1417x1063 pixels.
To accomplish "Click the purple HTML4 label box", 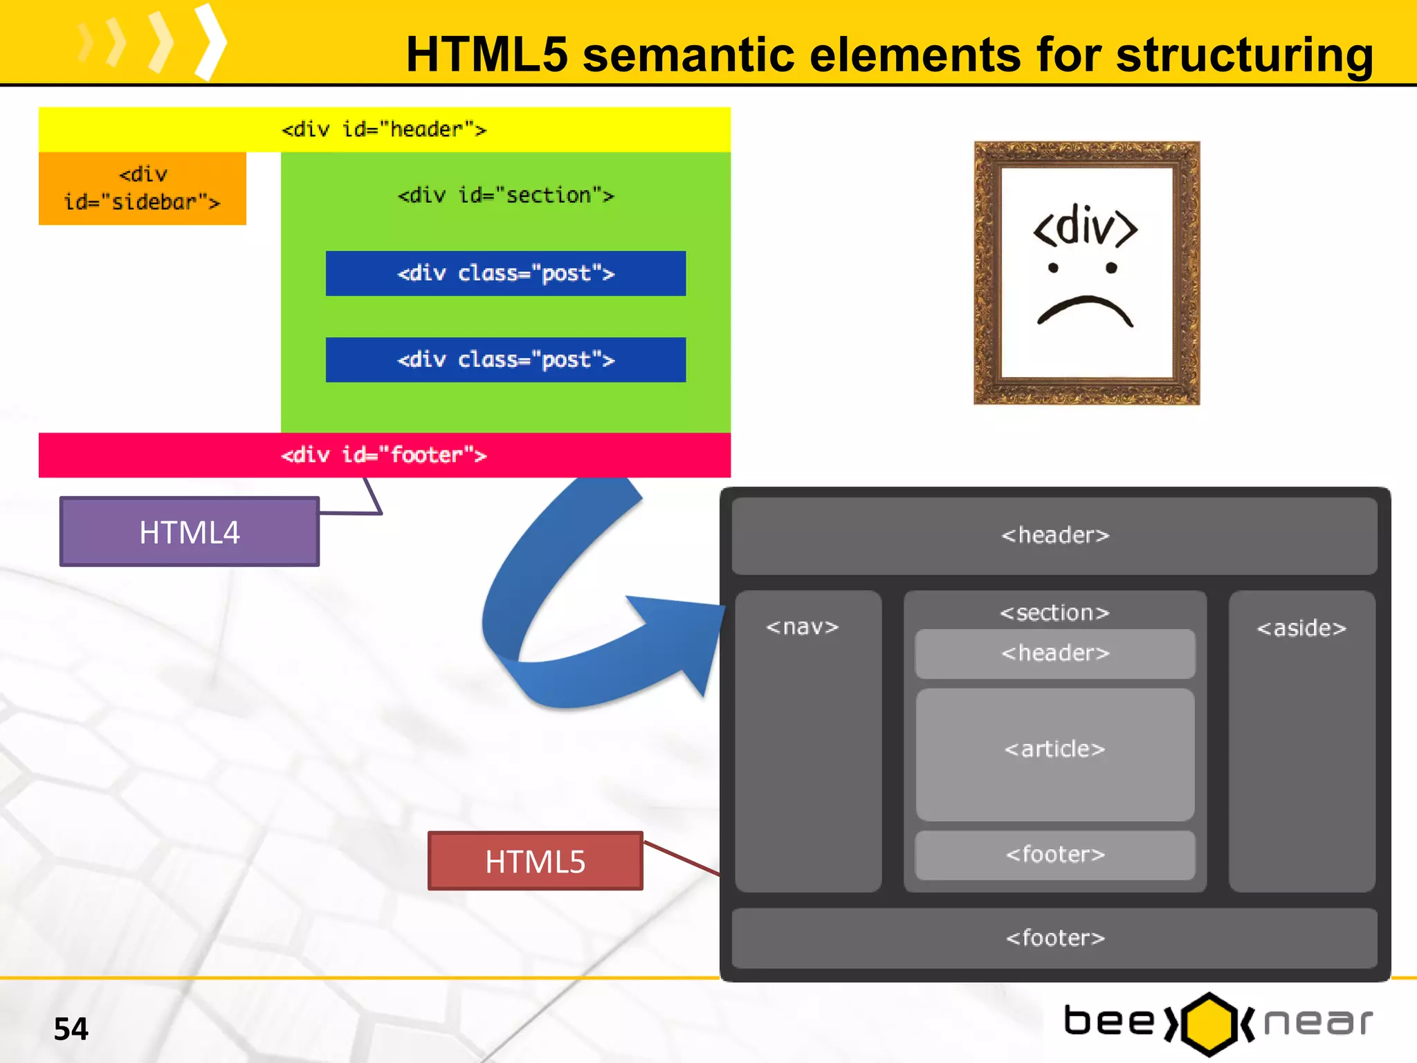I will (189, 531).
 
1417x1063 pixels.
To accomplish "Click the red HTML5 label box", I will (535, 861).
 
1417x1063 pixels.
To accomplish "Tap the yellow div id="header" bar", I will (384, 129).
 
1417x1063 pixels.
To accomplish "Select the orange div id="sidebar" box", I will (142, 188).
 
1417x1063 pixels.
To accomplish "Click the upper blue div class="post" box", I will (505, 273).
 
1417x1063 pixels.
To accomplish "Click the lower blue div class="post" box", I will (505, 360).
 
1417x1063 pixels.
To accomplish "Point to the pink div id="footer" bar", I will (384, 455).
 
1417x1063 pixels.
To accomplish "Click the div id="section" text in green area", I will (505, 195).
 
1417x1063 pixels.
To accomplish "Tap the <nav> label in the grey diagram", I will (802, 627).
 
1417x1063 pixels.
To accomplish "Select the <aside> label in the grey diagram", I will (1301, 628).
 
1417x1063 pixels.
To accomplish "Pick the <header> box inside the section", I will (1054, 653).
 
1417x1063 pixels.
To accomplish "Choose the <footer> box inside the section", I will (1054, 855).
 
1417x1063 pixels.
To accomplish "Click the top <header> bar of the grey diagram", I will (1054, 536).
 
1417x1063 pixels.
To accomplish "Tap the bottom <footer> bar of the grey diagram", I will (1054, 938).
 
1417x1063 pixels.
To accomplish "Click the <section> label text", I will (1054, 613).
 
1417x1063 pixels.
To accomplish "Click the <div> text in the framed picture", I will (1085, 226).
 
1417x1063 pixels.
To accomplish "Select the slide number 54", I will (71, 1029).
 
